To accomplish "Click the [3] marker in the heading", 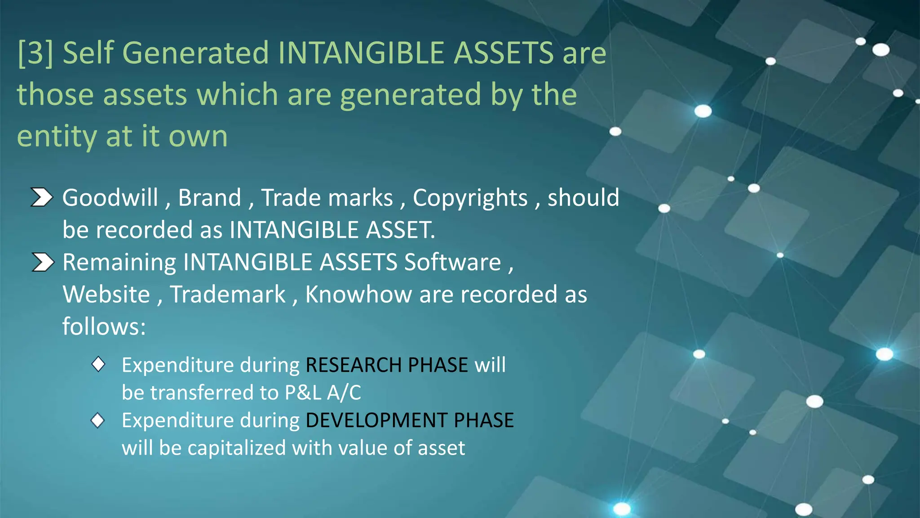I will coord(35,53).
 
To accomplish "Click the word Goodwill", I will coord(110,198).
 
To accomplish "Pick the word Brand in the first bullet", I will coord(210,198).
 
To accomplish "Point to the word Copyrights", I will coord(470,198).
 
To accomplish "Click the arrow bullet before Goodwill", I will coord(42,197).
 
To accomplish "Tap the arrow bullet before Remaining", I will coord(43,262).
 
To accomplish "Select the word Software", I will coord(452,262).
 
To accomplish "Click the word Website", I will coord(106,295).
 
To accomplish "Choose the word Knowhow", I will coord(358,295).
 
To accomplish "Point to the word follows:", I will coord(104,326).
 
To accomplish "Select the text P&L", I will coord(303,393).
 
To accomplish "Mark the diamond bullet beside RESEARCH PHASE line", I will coord(98,364).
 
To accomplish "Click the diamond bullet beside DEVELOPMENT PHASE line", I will coord(97,420).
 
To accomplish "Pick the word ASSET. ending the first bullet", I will coord(400,230).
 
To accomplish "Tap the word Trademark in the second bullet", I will coord(228,295).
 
